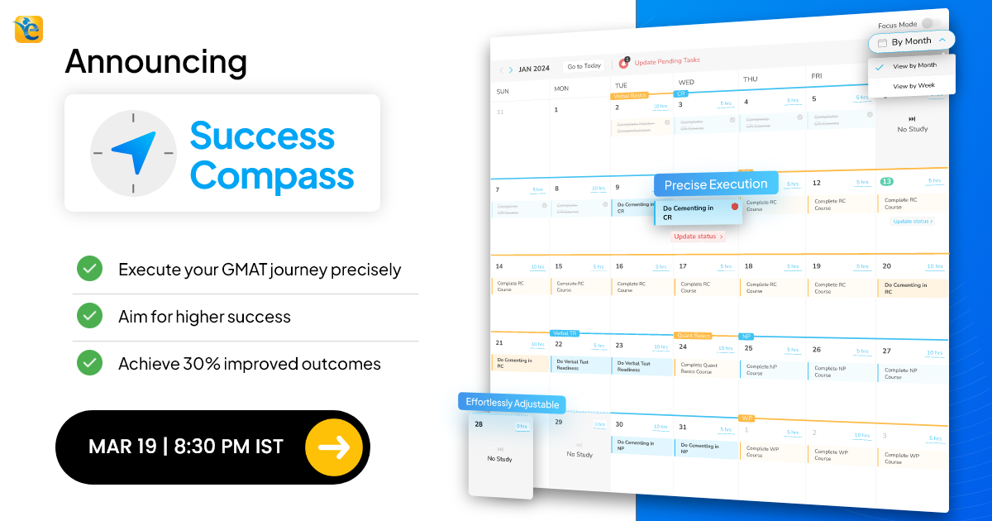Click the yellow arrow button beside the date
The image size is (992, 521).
tap(333, 447)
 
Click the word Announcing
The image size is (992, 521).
tap(155, 61)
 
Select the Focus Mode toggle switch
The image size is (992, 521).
tap(931, 25)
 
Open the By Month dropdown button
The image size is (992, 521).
tap(912, 41)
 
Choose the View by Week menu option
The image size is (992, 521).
tap(913, 86)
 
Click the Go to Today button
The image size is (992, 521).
tap(584, 66)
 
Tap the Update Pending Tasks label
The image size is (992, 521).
tap(666, 60)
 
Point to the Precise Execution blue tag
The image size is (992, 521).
tap(716, 184)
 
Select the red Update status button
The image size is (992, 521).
tap(698, 237)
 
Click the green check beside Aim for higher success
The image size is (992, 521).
tap(89, 316)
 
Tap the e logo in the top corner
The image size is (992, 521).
tap(28, 29)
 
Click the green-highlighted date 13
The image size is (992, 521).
tap(886, 181)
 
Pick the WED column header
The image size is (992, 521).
tap(686, 83)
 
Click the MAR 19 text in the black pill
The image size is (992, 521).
tap(122, 447)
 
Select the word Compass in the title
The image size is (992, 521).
tap(272, 175)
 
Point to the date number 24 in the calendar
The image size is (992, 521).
tap(683, 347)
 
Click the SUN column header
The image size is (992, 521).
tap(502, 91)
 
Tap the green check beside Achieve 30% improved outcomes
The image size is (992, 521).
tap(89, 362)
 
